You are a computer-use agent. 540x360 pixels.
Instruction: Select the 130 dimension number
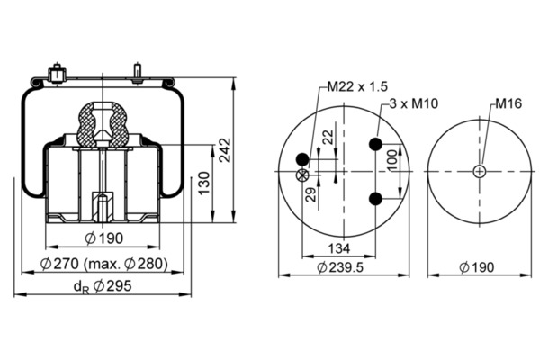(203, 184)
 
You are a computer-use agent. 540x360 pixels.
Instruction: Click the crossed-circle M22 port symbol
(303, 175)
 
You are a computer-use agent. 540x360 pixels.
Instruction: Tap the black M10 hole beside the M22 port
(303, 160)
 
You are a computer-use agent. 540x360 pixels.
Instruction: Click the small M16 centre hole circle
(480, 171)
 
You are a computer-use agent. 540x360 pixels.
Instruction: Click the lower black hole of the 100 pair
(376, 198)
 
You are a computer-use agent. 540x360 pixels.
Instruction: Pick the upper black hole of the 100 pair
(376, 144)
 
